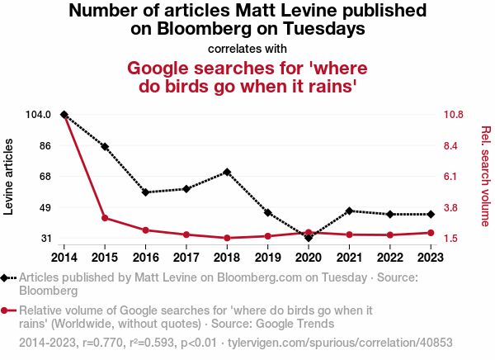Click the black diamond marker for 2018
click(x=227, y=172)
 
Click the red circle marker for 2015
click(x=105, y=218)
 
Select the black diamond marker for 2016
click(x=145, y=192)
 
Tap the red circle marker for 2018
click(x=227, y=238)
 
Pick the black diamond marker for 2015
click(x=105, y=146)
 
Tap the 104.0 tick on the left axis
click(x=38, y=115)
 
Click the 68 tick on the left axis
click(x=45, y=176)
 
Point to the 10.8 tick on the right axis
click(x=456, y=115)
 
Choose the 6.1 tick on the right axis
click(x=453, y=176)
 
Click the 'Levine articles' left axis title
click(x=10, y=177)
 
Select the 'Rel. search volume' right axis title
click(x=485, y=176)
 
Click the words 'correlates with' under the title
click(x=247, y=48)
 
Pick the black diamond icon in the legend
click(x=7, y=278)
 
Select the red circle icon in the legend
click(x=7, y=311)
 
